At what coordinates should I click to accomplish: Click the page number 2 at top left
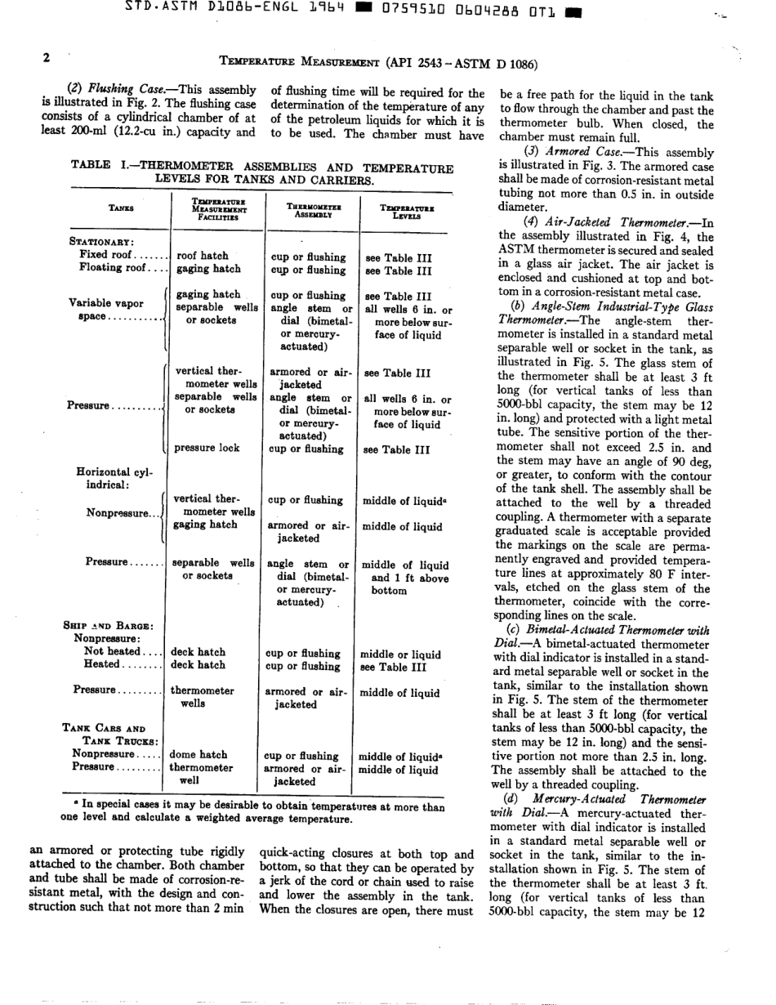coord(47,58)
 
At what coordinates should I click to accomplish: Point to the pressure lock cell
coord(207,449)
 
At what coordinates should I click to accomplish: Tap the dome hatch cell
coord(198,755)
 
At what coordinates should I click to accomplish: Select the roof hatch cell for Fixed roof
coord(203,256)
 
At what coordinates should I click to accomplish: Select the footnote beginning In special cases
coord(253,812)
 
